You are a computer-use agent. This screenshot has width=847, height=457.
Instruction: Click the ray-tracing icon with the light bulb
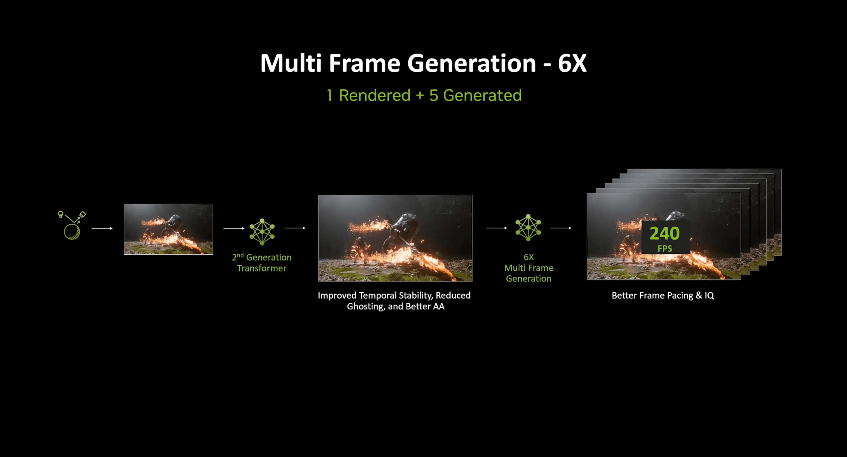pos(72,225)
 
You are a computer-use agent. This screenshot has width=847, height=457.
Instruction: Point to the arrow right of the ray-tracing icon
pos(102,228)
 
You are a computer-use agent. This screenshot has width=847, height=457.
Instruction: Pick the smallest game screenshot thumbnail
pos(168,229)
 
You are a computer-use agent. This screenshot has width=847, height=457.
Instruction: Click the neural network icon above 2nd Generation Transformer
pos(262,232)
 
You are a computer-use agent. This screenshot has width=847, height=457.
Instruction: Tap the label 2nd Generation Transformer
pos(262,263)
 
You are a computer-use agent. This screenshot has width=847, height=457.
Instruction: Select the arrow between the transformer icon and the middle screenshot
pos(295,228)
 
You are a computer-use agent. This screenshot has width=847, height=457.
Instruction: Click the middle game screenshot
pos(395,238)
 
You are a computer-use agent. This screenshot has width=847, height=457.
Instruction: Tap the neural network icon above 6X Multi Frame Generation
pos(528,227)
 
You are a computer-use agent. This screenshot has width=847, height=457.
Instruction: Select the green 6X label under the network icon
pos(529,257)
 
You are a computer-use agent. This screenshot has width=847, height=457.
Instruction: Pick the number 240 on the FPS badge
pos(664,233)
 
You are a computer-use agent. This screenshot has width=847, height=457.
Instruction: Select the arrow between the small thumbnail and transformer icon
pos(234,228)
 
